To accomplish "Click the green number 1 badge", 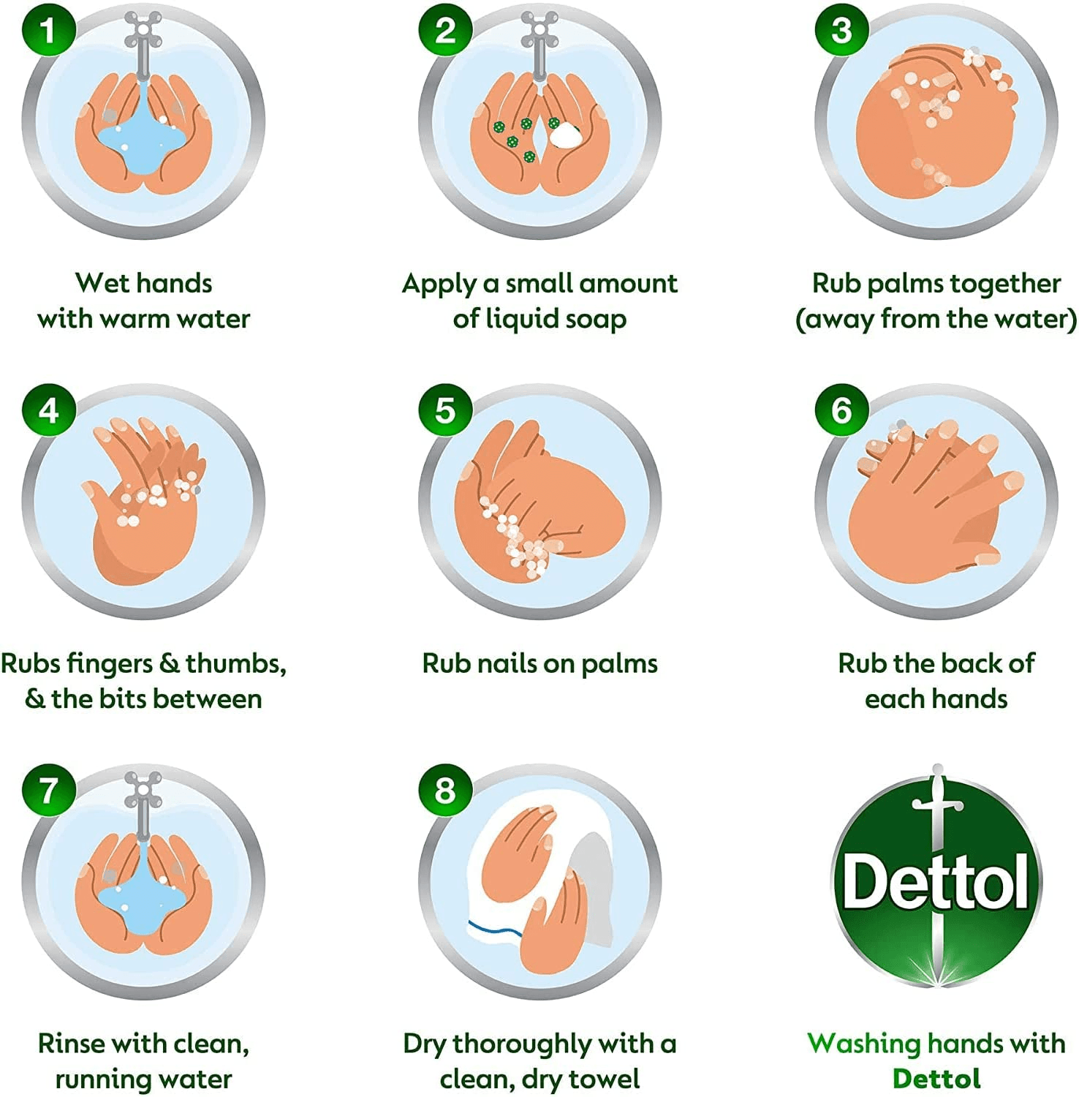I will tap(48, 31).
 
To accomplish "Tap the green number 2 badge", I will tap(445, 31).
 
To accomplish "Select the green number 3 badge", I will tap(841, 31).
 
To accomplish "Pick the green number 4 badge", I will tap(48, 410).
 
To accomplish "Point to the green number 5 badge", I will tap(445, 410).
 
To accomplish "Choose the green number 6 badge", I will tap(841, 410).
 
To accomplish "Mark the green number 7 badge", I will tap(48, 790).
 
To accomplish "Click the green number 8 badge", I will tap(445, 790).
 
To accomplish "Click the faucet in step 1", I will tap(143, 44).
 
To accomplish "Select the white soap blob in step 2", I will tap(564, 135).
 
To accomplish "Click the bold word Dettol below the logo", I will tap(936, 1079).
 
